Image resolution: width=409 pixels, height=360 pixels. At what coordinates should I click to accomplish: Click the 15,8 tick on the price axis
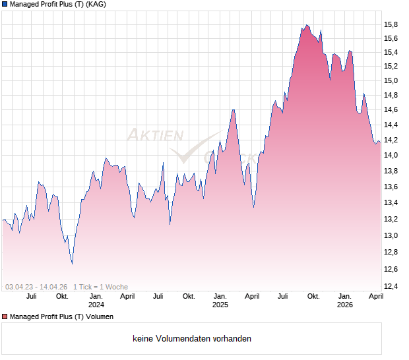(392, 25)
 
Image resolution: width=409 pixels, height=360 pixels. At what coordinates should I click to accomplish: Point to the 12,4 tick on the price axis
(392, 286)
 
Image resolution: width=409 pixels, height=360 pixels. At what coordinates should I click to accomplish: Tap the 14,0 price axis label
(392, 156)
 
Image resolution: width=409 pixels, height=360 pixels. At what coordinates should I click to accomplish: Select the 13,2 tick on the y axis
(392, 220)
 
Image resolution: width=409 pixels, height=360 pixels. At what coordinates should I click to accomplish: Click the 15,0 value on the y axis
(392, 81)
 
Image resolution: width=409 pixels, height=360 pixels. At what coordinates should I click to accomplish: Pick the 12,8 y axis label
(392, 253)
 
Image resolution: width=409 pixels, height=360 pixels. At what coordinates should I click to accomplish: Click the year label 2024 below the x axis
(96, 305)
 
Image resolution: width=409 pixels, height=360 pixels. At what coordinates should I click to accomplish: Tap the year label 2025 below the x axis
(220, 305)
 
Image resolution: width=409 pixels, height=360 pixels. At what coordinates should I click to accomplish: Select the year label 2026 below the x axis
(344, 305)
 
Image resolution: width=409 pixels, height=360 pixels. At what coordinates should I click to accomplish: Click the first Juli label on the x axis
(31, 297)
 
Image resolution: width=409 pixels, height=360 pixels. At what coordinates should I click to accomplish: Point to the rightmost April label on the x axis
(375, 297)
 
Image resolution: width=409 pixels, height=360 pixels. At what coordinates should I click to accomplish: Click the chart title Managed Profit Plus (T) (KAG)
(58, 4)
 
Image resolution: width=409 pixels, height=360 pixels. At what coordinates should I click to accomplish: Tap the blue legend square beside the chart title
(5, 4)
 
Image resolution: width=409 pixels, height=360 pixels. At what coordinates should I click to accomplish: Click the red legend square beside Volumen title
(5, 317)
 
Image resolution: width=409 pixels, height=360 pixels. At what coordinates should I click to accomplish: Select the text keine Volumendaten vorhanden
(192, 339)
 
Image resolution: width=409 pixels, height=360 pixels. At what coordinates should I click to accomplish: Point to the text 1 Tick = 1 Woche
(100, 287)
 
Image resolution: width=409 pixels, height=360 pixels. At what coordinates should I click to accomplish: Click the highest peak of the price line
(307, 25)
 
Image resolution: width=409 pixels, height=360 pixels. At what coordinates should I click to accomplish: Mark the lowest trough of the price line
(72, 264)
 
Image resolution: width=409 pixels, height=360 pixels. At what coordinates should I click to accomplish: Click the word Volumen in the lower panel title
(98, 317)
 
